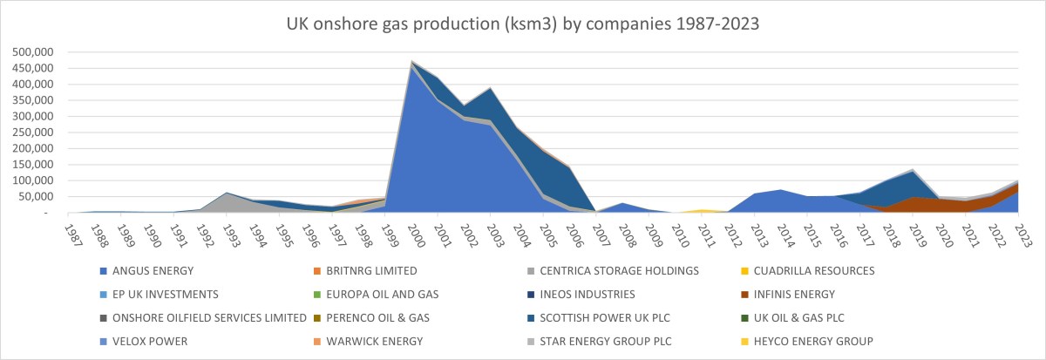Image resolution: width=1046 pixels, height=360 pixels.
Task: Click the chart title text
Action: click(x=523, y=24)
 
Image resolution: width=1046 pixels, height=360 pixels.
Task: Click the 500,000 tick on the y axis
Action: click(x=32, y=52)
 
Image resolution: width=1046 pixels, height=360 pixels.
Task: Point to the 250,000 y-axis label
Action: click(x=32, y=132)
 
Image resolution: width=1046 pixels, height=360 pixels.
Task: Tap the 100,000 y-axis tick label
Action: click(x=32, y=180)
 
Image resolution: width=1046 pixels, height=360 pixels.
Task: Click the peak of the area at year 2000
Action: click(x=411, y=62)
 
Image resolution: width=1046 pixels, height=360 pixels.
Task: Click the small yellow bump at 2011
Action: click(x=703, y=210)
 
